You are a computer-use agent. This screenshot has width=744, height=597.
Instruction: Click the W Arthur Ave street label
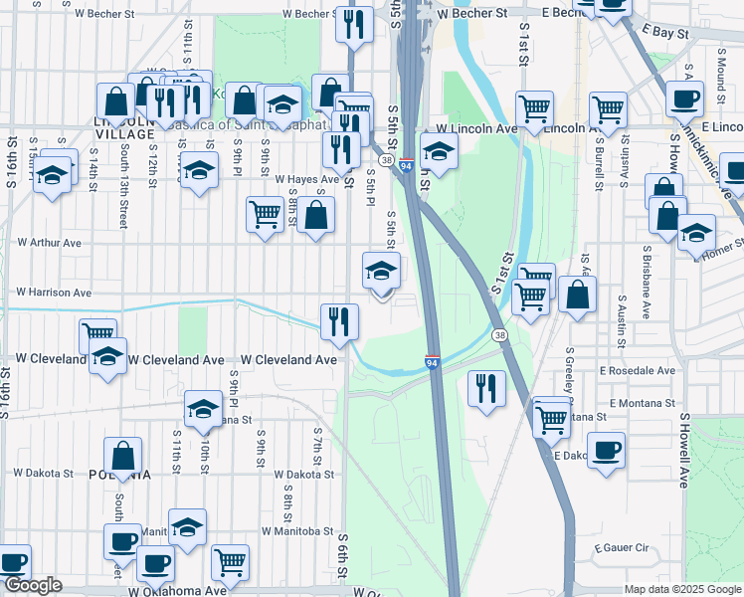pyautogui.click(x=49, y=242)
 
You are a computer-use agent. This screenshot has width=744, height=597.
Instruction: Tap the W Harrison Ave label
pyautogui.click(x=54, y=293)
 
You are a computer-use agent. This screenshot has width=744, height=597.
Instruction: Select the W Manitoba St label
pyautogui.click(x=298, y=531)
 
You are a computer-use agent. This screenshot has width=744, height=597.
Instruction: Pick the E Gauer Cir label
pyautogui.click(x=621, y=548)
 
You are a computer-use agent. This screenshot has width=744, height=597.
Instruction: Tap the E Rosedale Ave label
pyautogui.click(x=637, y=370)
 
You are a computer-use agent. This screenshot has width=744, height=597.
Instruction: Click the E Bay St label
pyautogui.click(x=665, y=33)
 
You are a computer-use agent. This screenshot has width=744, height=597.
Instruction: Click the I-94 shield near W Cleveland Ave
pyautogui.click(x=433, y=362)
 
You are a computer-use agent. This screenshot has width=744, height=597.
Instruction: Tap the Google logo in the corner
pyautogui.click(x=33, y=585)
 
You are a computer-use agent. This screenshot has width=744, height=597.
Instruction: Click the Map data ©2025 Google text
pyautogui.click(x=683, y=589)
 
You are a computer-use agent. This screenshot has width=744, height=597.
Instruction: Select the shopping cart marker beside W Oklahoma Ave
pyautogui.click(x=231, y=561)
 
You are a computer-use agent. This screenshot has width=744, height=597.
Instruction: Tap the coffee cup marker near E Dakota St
pyautogui.click(x=606, y=449)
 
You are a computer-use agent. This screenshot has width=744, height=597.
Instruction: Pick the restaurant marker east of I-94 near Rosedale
pyautogui.click(x=485, y=387)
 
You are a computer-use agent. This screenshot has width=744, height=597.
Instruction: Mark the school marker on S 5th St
pyautogui.click(x=381, y=270)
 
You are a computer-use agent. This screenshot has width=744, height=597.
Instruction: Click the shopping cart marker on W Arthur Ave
pyautogui.click(x=264, y=213)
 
